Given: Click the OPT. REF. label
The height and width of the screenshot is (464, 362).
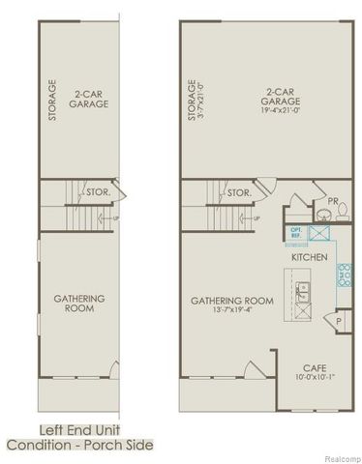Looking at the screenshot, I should (x=296, y=233).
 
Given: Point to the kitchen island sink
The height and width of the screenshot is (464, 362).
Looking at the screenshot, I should (x=301, y=291).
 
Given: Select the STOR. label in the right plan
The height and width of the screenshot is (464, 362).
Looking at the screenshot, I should (x=239, y=192).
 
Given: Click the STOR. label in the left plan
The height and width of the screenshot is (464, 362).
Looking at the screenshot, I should (x=98, y=192).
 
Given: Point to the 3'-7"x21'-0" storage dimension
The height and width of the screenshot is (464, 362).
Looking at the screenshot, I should (x=200, y=99).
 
